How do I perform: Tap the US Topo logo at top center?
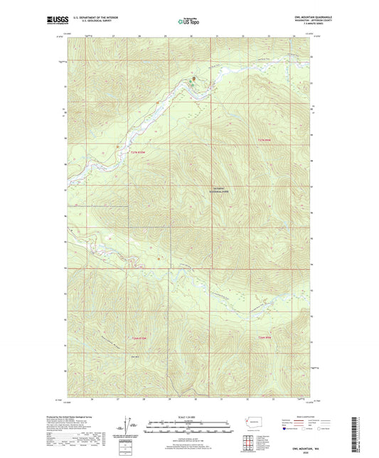tap(188, 21)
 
